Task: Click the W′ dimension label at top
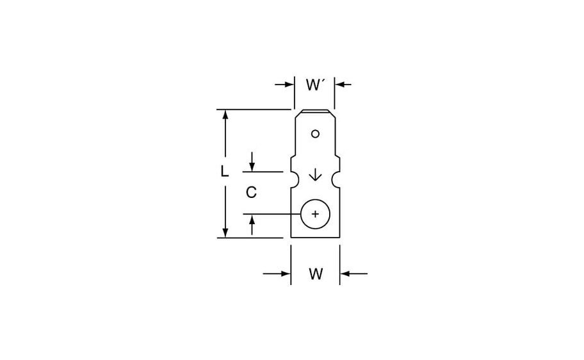click(x=314, y=84)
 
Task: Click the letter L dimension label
click(x=224, y=172)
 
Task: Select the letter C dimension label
click(x=252, y=192)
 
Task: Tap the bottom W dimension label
click(x=315, y=274)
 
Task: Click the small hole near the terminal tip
click(x=314, y=134)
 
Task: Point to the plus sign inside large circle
click(x=314, y=214)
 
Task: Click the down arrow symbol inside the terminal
click(x=314, y=175)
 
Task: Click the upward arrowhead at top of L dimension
click(x=225, y=115)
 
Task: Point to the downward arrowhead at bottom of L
click(x=225, y=233)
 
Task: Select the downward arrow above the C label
click(x=252, y=166)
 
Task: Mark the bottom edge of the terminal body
click(x=314, y=238)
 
